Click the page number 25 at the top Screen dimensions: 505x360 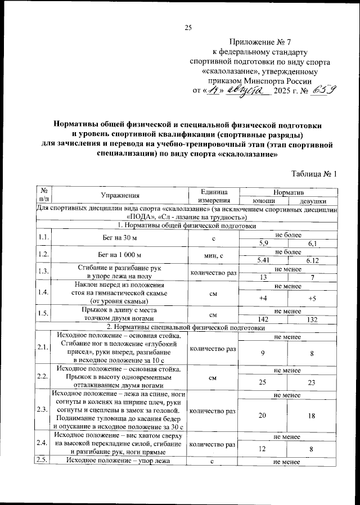coord(188,29)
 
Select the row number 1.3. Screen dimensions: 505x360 coord(43,272)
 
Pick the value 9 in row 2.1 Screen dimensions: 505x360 coord(263,354)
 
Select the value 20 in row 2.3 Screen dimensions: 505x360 coord(263,415)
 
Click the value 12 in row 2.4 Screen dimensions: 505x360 coord(263,449)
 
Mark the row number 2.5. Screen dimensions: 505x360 coord(43,461)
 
